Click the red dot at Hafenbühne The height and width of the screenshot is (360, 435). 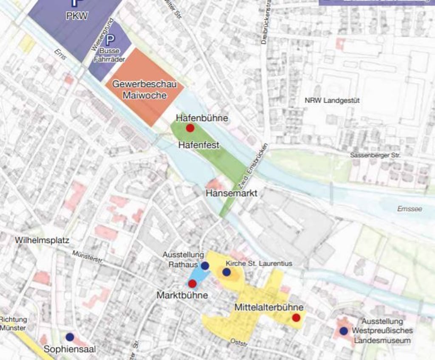tap(190, 128)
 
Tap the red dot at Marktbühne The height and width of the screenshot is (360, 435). tap(192, 283)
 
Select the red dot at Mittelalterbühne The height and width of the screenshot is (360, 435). tap(296, 318)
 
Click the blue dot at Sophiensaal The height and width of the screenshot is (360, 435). tap(70, 337)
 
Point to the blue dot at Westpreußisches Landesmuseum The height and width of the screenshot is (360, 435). tap(343, 330)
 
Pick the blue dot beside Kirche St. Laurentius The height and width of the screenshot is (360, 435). tap(226, 272)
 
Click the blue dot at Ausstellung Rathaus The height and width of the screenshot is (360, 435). tap(205, 266)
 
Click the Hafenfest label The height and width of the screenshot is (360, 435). tap(199, 145)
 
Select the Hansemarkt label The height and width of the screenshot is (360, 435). tap(232, 193)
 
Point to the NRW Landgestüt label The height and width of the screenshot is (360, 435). tap(332, 101)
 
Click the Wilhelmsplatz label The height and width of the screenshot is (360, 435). tap(42, 240)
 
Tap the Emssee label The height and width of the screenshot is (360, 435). tap(410, 209)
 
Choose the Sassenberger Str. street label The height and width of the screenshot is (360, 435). tap(375, 155)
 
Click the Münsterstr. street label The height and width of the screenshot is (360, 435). tap(88, 257)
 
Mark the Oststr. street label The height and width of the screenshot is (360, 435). tap(239, 342)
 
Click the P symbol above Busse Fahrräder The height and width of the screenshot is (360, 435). tap(110, 40)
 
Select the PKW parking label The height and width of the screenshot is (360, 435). tap(77, 17)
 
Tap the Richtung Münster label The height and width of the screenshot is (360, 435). tap(13, 323)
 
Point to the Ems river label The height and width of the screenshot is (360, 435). tap(60, 54)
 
